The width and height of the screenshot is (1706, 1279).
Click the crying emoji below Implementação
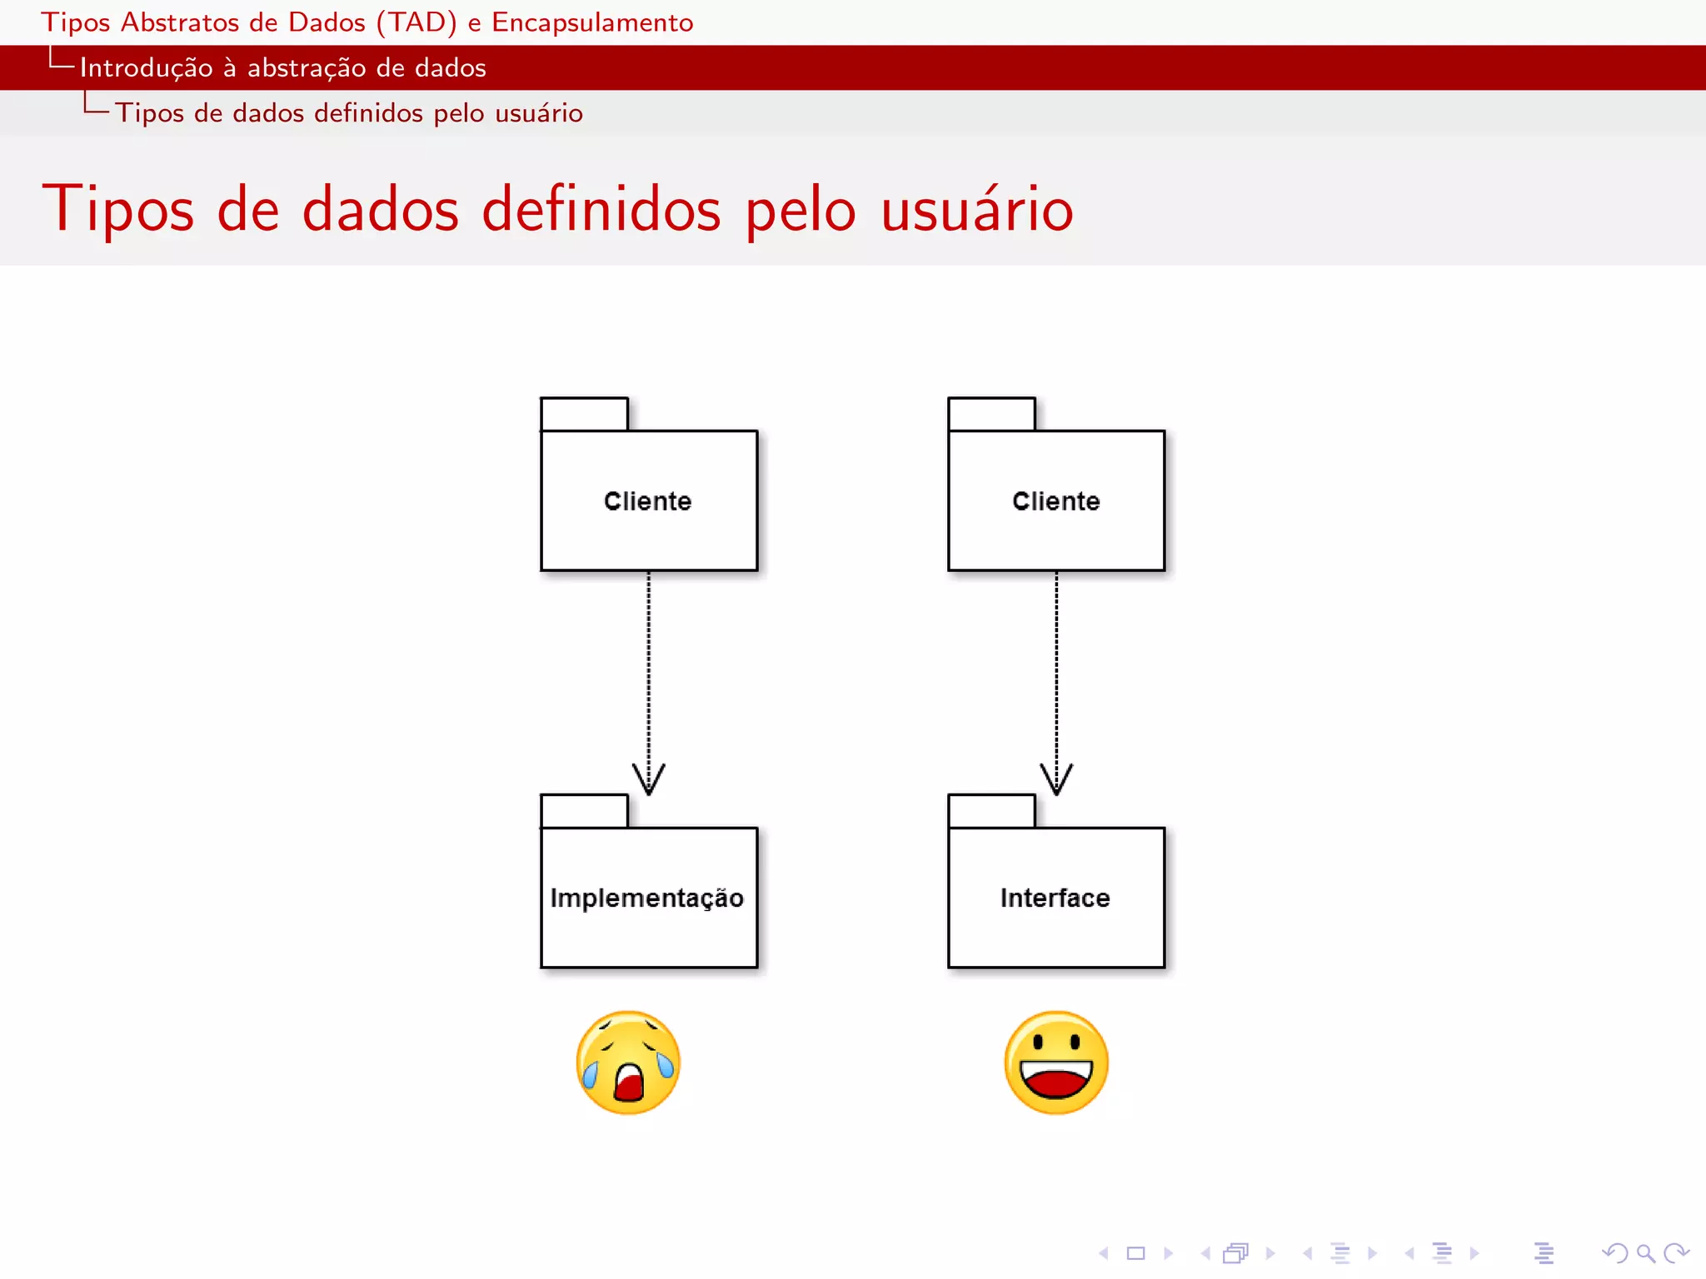click(x=628, y=1063)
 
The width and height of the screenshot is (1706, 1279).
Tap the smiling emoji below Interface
click(x=1056, y=1063)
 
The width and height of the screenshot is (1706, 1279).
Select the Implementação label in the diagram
click(x=646, y=898)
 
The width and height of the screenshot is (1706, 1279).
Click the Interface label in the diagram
click(x=1055, y=898)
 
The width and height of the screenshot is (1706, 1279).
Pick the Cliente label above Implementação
click(x=647, y=501)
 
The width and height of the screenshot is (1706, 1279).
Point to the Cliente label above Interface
click(x=1055, y=501)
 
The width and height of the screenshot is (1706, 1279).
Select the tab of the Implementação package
click(x=584, y=811)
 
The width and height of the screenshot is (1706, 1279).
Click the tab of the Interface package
click(x=991, y=811)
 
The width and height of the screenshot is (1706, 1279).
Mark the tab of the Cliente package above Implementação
click(x=584, y=414)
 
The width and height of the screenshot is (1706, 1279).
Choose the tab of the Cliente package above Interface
click(x=991, y=414)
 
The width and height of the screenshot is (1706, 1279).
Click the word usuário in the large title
click(x=976, y=209)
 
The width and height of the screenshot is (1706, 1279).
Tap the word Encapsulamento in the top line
click(x=592, y=22)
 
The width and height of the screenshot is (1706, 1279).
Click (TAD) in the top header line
click(x=417, y=22)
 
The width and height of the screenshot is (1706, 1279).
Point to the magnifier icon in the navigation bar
click(x=1644, y=1252)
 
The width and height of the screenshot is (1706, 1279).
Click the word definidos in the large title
click(x=601, y=209)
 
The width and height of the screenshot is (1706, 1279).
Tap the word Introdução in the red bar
click(x=146, y=68)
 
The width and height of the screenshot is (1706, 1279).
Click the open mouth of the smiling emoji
click(x=1056, y=1081)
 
